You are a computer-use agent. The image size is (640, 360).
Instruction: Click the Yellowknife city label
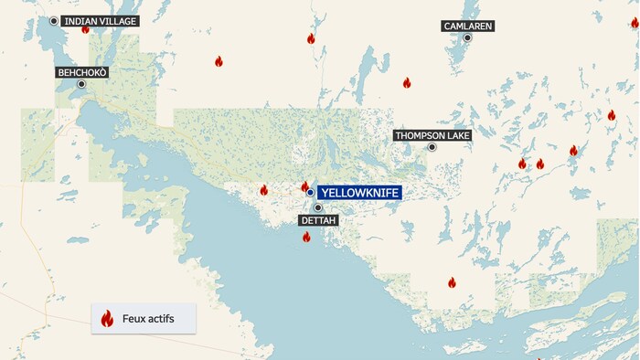[360, 193]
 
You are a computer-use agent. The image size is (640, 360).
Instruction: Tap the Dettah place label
[318, 221]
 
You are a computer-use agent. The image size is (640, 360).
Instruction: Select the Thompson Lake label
[432, 135]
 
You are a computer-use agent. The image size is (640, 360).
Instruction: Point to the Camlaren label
[467, 26]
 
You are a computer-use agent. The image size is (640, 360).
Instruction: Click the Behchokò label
[81, 71]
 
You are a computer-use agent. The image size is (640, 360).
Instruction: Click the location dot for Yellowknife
[311, 193]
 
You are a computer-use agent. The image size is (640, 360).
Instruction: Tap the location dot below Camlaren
[467, 37]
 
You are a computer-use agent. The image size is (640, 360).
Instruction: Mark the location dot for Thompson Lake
[432, 146]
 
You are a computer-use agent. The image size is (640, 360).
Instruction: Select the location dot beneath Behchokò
[81, 84]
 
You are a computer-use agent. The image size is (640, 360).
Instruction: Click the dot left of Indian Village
[54, 21]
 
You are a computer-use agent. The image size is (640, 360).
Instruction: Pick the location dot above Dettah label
[318, 208]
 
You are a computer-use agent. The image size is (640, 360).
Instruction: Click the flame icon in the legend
[107, 319]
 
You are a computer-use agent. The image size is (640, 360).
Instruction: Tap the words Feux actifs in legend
[147, 319]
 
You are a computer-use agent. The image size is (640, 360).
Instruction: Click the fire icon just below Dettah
[306, 238]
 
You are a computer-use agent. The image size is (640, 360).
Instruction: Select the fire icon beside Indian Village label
[85, 29]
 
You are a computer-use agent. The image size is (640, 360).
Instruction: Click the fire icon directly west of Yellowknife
[263, 190]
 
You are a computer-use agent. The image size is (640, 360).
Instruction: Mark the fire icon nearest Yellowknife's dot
[304, 186]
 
